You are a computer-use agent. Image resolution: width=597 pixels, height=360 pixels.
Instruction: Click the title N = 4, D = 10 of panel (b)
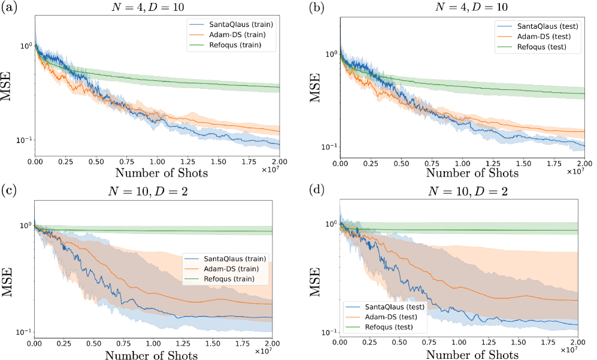pos(462,8)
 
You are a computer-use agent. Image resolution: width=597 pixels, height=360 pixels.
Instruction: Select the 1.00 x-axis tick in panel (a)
pos(157,162)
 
